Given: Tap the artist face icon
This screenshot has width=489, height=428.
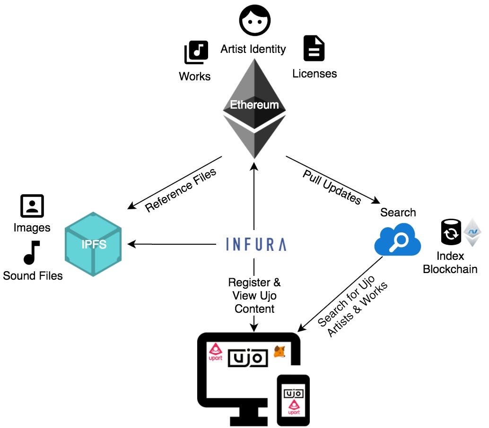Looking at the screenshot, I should point(254,20).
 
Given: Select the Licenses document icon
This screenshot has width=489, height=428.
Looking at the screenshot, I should point(314,49).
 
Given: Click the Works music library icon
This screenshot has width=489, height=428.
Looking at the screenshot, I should point(196,52).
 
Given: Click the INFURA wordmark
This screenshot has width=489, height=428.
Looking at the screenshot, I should point(256,244).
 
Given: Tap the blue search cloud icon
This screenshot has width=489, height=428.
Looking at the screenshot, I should point(397,240).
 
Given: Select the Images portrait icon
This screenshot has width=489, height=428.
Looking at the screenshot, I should point(32,206).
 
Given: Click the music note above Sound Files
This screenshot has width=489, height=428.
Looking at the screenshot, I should point(32,253).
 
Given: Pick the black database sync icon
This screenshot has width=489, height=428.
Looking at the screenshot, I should point(451,232).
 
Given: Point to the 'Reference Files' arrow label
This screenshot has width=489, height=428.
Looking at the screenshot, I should point(180,190).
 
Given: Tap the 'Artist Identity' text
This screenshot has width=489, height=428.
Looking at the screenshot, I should point(253,49).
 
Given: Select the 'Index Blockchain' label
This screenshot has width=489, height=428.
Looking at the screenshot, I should point(450,263).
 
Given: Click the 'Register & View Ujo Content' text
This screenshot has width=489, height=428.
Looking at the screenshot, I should point(254,296).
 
